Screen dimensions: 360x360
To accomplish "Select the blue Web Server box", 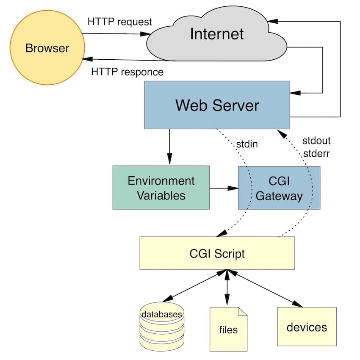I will tap(217, 105).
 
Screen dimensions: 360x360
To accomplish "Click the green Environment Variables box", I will tap(161, 188).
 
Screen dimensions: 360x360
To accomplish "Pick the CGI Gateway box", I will tap(279, 188).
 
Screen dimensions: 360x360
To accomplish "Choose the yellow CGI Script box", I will tap(217, 253).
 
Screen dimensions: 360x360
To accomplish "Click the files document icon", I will tap(228, 329).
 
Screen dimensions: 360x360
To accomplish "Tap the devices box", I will tap(307, 327).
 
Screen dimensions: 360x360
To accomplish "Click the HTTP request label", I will tap(119, 22).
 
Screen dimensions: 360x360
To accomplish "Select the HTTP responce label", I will tap(127, 72).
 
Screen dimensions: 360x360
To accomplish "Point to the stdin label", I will tap(247, 144).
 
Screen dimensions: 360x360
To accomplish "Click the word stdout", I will tap(316, 140).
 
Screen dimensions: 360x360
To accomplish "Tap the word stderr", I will tap(316, 153).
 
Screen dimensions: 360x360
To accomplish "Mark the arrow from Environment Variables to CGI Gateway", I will tap(224, 188).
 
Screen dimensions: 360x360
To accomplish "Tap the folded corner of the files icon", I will tap(242, 311).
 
